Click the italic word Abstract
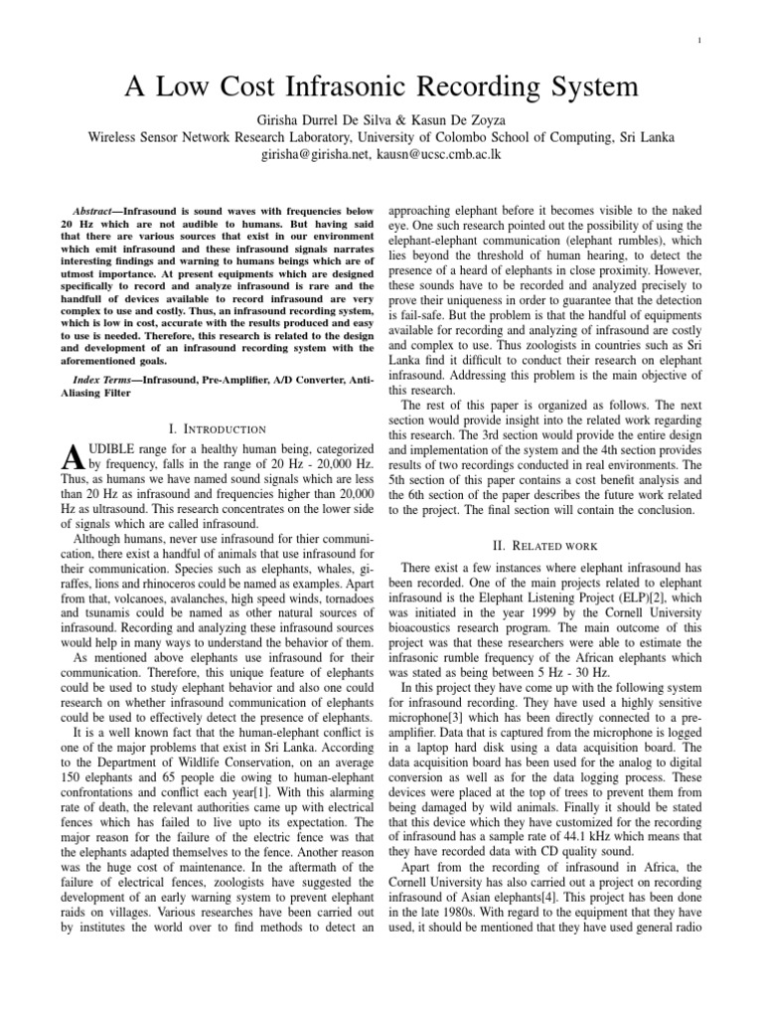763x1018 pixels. pyautogui.click(x=96, y=212)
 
